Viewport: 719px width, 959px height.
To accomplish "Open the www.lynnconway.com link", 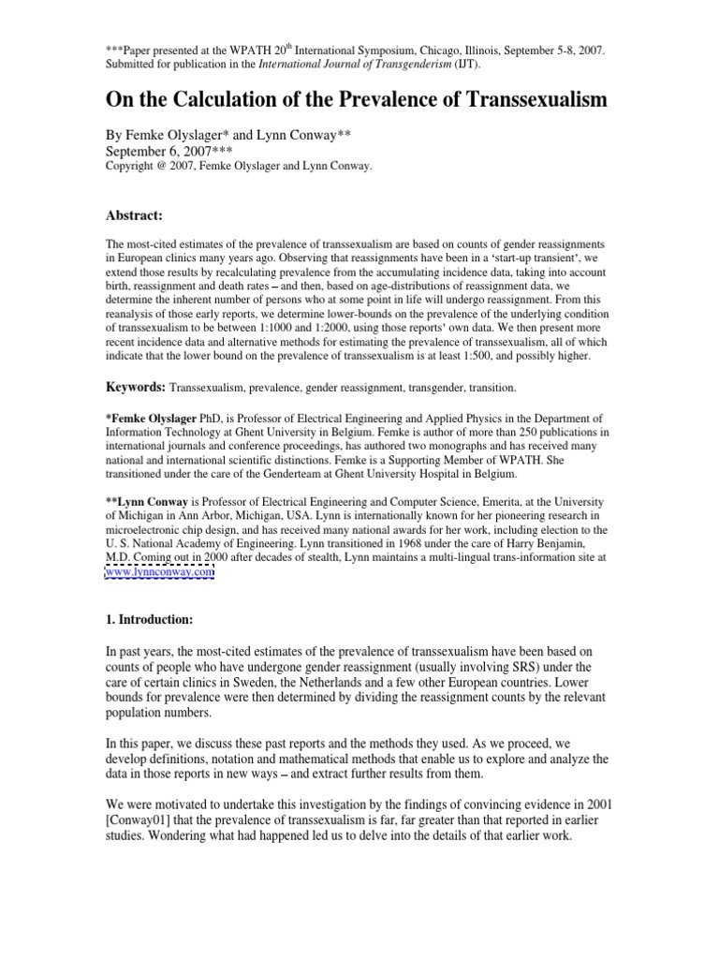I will pyautogui.click(x=159, y=571).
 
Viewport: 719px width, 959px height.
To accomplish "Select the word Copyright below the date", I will pyautogui.click(x=131, y=166).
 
